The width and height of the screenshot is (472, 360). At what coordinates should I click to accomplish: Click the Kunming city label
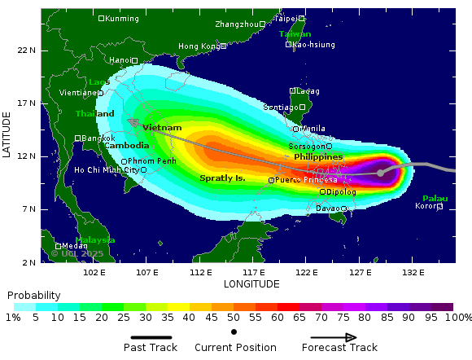pos(122,18)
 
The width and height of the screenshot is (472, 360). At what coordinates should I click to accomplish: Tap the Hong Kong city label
pos(199,46)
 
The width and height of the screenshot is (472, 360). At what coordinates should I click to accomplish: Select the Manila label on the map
pos(312,129)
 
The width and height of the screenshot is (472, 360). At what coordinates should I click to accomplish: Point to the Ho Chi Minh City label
pos(106,170)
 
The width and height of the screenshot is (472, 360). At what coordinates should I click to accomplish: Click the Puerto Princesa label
pos(306,180)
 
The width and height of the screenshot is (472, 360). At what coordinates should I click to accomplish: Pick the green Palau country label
pos(435,198)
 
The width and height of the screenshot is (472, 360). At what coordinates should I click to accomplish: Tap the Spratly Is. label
pos(222,178)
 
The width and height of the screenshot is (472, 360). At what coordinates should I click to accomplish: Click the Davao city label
pos(327,209)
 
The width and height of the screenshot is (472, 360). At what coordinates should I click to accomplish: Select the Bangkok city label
pos(98,138)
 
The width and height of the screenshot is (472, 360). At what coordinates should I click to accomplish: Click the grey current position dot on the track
pos(380,173)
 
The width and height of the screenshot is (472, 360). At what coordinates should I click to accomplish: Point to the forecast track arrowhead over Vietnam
pos(133,122)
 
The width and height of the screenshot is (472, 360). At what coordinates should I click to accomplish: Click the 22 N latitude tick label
pos(27,50)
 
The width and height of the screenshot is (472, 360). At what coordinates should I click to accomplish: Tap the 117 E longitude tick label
pos(254,272)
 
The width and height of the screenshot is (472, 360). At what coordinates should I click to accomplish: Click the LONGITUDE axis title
pos(251,284)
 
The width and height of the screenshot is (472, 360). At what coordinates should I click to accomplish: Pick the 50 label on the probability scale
pos(234,317)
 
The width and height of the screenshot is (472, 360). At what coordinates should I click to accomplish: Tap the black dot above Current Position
pos(234,331)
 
